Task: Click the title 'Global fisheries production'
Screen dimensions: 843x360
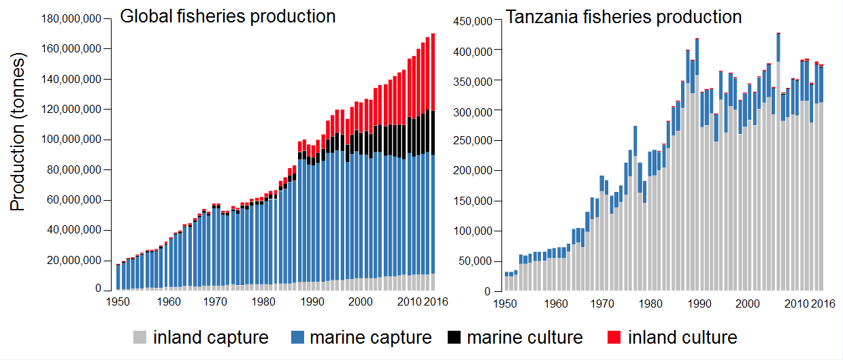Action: (228, 16)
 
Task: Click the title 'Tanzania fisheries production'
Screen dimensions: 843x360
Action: (623, 17)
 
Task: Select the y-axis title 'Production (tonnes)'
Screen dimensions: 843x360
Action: (18, 131)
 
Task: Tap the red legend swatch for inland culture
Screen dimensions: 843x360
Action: (614, 337)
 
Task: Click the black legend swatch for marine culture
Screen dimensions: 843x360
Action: (454, 337)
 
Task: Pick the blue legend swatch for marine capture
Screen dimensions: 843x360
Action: (297, 337)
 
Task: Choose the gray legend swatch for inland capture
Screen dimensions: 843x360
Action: (139, 337)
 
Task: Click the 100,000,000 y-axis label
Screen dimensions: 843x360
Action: (71, 140)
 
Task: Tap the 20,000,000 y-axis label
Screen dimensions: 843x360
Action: (74, 260)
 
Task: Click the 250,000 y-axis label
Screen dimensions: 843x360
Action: (473, 140)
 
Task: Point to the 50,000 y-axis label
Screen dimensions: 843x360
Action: (476, 261)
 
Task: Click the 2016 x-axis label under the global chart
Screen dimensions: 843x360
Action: (436, 301)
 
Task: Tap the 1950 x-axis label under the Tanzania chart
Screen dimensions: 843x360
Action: (505, 304)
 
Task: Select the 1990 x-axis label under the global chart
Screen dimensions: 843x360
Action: (312, 301)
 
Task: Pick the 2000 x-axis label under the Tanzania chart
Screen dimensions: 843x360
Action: (748, 304)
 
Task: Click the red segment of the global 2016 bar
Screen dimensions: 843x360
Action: (433, 72)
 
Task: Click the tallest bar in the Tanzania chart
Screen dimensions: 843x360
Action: (778, 162)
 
